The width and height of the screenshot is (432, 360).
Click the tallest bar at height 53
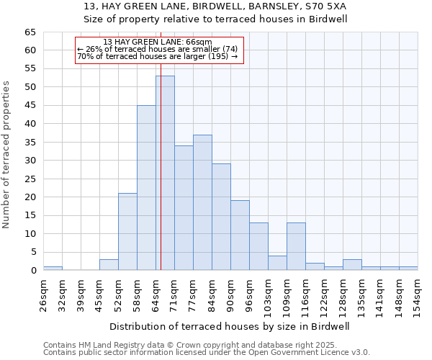165,173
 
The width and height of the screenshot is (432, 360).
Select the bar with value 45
146,187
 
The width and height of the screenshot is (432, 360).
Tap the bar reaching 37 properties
202,202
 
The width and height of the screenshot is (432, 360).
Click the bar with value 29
221,217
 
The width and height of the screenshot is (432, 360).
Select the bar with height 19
240,235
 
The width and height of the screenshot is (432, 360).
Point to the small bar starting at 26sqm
53,268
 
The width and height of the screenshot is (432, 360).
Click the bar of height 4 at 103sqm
277,263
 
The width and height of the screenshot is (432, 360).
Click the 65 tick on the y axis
30,32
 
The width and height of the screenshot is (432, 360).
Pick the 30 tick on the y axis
30,161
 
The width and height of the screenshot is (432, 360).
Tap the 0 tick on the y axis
32,271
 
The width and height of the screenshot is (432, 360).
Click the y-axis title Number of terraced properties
7,155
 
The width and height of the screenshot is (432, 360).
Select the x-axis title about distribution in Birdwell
230,326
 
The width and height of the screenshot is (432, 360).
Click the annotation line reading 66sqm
157,42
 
